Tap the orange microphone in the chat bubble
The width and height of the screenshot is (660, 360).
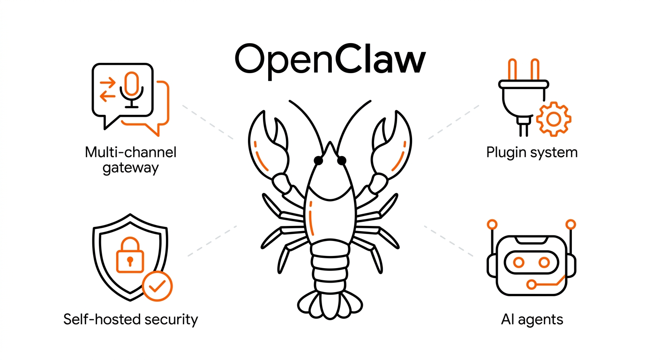[x=131, y=83]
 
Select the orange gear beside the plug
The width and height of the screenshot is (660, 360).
[x=554, y=119]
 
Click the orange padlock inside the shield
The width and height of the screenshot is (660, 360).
[x=130, y=255]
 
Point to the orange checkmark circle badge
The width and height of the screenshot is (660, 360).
[x=157, y=286]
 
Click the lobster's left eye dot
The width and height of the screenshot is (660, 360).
[x=318, y=161]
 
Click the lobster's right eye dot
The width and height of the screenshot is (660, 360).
[x=342, y=161]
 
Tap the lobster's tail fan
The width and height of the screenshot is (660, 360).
[x=330, y=305]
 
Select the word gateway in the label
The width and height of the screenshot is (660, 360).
[x=130, y=168]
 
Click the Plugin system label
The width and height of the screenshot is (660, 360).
[x=532, y=153]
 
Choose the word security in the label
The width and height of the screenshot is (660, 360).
[x=171, y=320]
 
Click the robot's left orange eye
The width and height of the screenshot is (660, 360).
[x=518, y=262]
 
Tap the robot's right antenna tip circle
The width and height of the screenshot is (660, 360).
[x=571, y=225]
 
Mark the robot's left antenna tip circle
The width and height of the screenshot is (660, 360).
[x=492, y=225]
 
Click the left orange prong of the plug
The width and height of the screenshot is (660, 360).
[x=512, y=69]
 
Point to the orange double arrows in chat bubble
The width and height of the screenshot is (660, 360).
[x=107, y=89]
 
